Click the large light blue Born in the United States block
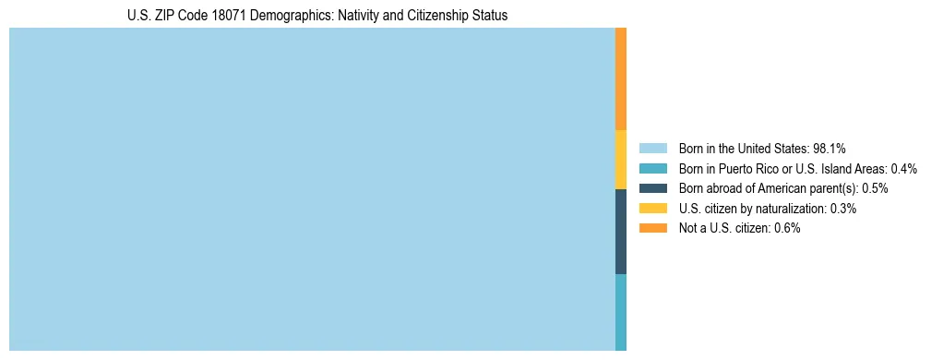pyautogui.click(x=312, y=189)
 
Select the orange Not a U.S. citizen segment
pyautogui.click(x=621, y=79)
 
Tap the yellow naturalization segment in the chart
pyautogui.click(x=621, y=160)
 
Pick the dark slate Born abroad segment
pyautogui.click(x=621, y=232)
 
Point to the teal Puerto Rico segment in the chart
pyautogui.click(x=621, y=312)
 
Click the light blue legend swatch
pyautogui.click(x=652, y=148)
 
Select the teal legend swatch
pyautogui.click(x=652, y=168)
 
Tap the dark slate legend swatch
pyautogui.click(x=652, y=188)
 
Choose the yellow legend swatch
pyautogui.click(x=652, y=209)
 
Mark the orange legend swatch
pyautogui.click(x=652, y=229)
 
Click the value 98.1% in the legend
pyautogui.click(x=830, y=148)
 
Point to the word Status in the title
pyautogui.click(x=490, y=16)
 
